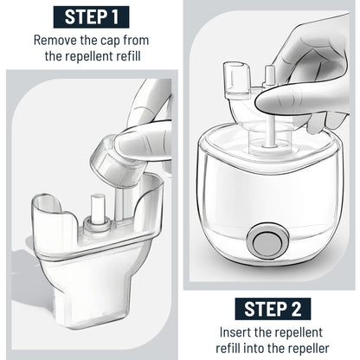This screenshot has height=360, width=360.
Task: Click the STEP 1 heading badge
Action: point(91,17)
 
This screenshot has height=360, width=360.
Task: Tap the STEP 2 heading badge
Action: point(273,309)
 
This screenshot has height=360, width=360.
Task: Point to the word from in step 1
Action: point(136,40)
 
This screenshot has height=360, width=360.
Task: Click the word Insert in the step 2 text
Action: point(235,332)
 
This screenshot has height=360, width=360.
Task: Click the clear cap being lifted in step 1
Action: point(115,162)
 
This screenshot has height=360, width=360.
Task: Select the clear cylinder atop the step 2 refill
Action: point(236,80)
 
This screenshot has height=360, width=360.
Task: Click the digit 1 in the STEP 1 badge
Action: point(115,17)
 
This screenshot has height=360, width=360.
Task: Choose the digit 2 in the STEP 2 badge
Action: point(295,309)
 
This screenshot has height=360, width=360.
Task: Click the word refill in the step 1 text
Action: point(129,56)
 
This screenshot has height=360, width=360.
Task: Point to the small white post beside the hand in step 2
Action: point(269,75)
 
